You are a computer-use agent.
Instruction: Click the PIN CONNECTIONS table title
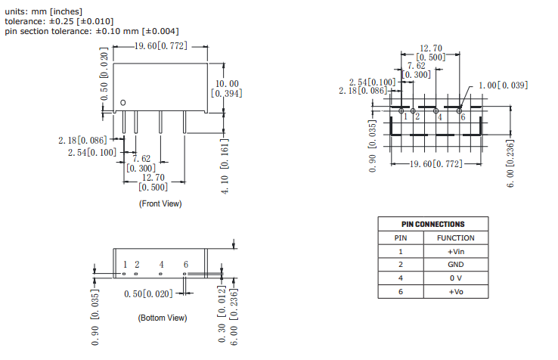(x=432, y=224)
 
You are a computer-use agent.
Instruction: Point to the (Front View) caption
(x=160, y=203)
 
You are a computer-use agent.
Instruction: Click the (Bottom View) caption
(x=162, y=318)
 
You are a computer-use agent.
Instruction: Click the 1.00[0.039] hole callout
(x=503, y=85)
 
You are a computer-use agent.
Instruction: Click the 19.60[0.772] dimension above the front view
(x=160, y=46)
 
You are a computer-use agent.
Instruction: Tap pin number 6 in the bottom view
(x=185, y=265)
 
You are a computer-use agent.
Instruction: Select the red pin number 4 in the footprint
(x=439, y=116)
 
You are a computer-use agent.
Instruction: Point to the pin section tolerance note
(x=91, y=31)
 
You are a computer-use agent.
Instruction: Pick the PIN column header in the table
(x=401, y=237)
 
